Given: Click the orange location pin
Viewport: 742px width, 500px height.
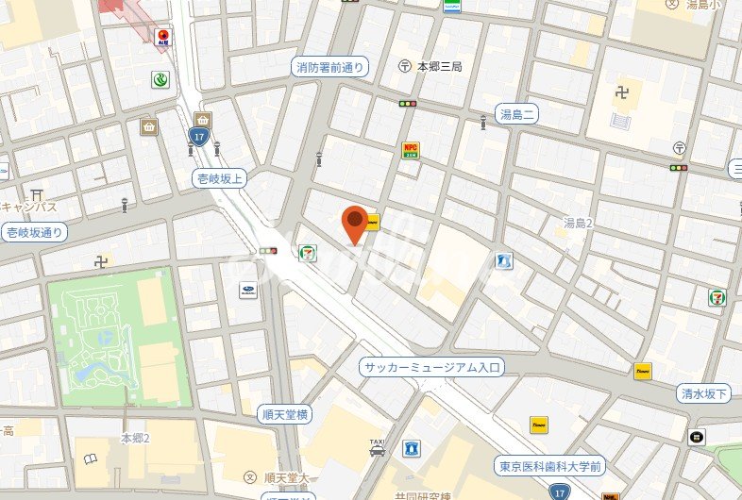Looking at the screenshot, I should [354, 224].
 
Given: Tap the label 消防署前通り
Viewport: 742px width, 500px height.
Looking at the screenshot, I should [329, 67].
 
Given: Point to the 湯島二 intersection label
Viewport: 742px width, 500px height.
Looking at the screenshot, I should [517, 114].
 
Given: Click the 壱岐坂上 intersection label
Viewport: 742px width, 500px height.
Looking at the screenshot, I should [220, 177].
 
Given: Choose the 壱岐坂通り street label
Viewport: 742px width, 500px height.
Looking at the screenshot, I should [35, 232].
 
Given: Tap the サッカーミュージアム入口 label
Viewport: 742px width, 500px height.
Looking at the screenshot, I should [433, 366].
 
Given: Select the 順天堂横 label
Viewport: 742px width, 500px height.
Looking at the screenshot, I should [285, 413].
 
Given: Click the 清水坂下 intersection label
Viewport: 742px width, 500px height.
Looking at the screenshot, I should [703, 392].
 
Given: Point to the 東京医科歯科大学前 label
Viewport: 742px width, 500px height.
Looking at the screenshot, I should [552, 466].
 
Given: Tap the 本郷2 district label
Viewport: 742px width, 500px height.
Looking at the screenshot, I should [135, 439].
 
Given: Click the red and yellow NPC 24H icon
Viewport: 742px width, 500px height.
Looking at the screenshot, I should [410, 150].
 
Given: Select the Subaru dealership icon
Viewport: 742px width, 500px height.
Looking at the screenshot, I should [246, 291].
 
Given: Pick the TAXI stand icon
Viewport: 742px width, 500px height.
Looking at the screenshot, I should [377, 447].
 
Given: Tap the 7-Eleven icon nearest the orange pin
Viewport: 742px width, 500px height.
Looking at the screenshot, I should [307, 253].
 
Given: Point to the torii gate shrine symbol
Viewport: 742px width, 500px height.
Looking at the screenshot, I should [39, 195].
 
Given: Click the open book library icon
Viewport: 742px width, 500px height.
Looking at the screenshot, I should [91, 459].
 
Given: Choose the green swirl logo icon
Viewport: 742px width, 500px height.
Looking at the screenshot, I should [161, 79].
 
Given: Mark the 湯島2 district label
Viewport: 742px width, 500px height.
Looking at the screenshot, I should [578, 223].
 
